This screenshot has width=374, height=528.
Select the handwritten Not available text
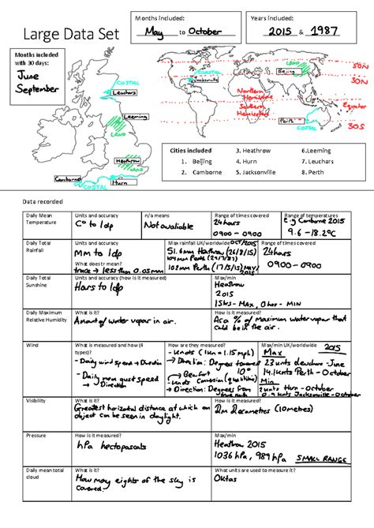(x=170, y=226)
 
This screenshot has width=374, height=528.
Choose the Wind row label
(x=32, y=345)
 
